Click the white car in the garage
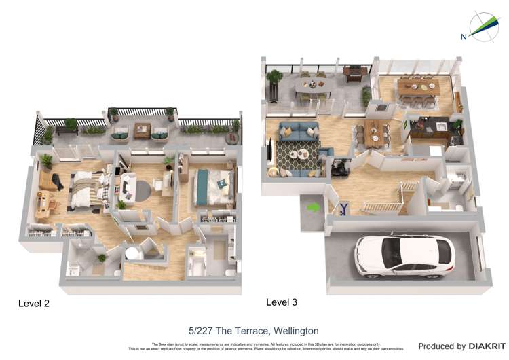tap(404, 256)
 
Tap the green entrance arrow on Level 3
tap(313, 206)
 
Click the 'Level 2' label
tap(33, 304)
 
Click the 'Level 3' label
tap(281, 302)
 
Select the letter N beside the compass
tap(464, 37)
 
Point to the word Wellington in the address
tap(293, 331)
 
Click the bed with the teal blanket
tap(212, 187)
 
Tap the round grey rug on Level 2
tap(139, 190)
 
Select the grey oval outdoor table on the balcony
tap(314, 86)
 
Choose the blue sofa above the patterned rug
tap(298, 130)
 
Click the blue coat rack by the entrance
tap(345, 209)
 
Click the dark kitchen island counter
tap(429, 128)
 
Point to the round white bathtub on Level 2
tap(132, 253)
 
